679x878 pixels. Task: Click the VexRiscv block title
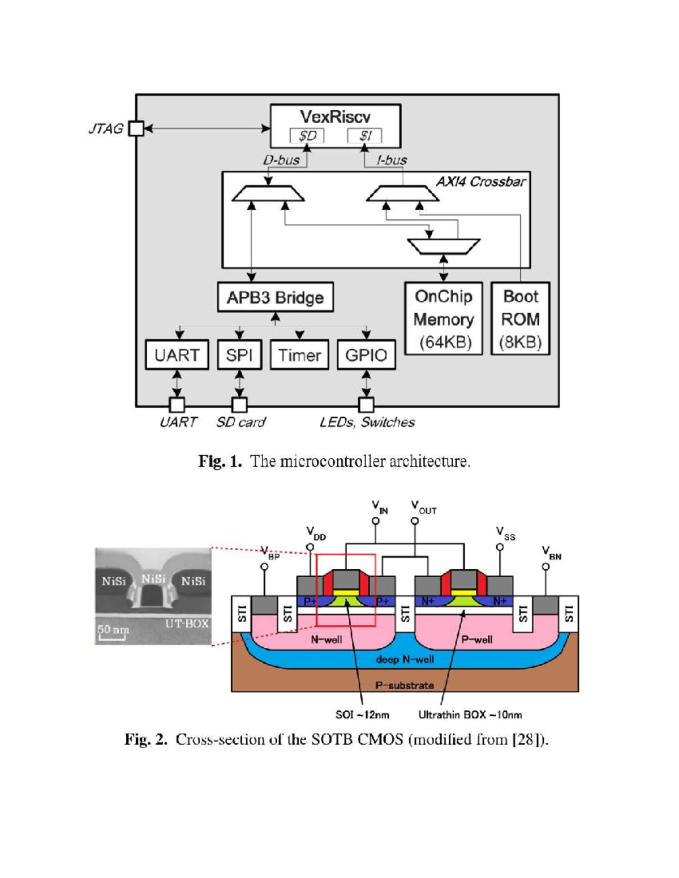(335, 117)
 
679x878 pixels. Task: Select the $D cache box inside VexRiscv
(307, 136)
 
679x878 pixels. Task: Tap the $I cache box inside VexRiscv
(364, 136)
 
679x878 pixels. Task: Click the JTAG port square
(136, 128)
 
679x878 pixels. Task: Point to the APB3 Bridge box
(275, 297)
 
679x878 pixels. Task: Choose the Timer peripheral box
(299, 355)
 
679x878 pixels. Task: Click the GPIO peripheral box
(366, 355)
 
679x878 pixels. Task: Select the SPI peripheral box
(239, 355)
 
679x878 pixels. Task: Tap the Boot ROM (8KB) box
(521, 319)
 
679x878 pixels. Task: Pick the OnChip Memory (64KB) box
(444, 319)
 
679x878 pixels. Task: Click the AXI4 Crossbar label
(480, 181)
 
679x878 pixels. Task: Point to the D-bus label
(281, 160)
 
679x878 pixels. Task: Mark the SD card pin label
(240, 422)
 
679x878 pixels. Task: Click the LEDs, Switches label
(367, 422)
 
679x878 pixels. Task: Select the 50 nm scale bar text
(113, 629)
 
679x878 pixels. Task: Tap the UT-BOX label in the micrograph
(187, 624)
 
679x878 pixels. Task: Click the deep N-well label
(405, 659)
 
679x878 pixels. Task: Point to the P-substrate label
(405, 685)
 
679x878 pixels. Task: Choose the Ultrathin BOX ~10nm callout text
(470, 715)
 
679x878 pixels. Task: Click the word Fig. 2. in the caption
(146, 739)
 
